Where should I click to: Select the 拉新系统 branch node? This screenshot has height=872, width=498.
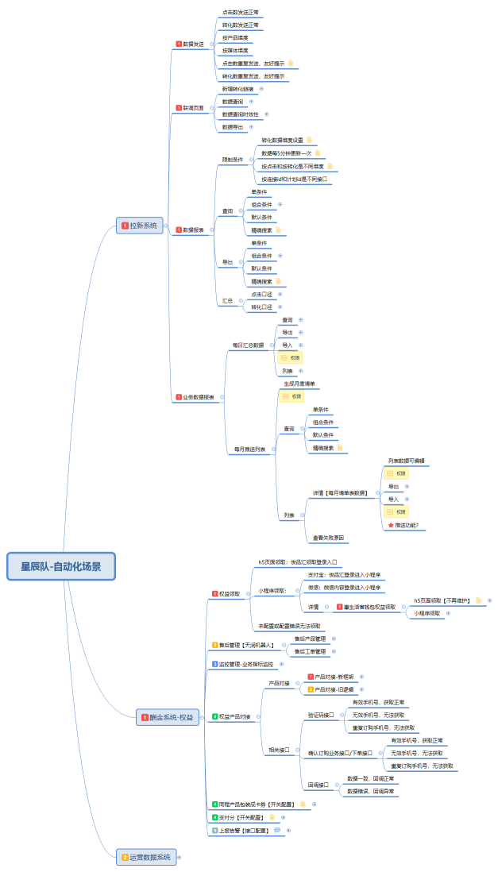(x=141, y=226)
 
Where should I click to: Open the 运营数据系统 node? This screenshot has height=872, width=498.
(x=149, y=857)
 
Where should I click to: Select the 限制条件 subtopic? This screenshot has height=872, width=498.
(x=232, y=160)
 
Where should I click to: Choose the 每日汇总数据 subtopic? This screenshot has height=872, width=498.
(x=248, y=345)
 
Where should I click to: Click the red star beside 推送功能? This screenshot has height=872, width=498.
(x=389, y=525)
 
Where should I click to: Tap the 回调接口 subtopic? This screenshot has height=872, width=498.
(x=320, y=785)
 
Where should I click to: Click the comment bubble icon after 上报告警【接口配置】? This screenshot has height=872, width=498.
(x=277, y=830)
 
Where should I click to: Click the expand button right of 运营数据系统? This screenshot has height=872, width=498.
(x=180, y=857)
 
